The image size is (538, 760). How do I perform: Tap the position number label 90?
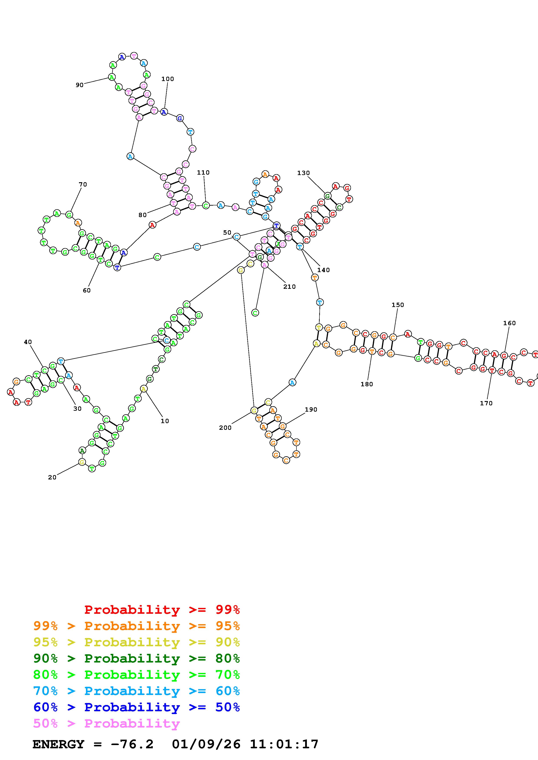80,85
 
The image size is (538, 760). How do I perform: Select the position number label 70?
83,184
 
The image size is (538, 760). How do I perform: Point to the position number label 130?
303,173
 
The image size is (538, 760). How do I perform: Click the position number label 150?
398,305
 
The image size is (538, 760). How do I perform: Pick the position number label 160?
510,323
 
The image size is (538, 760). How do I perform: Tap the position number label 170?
486,403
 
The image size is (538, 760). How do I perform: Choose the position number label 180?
367,384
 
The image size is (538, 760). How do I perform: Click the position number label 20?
52,477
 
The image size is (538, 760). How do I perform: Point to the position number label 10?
165,421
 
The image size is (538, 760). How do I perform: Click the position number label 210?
289,287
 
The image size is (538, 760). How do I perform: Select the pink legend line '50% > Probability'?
106,724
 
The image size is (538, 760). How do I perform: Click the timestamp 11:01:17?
284,744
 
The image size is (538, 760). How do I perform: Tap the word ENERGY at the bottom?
58,744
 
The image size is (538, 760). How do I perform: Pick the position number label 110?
203,172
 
